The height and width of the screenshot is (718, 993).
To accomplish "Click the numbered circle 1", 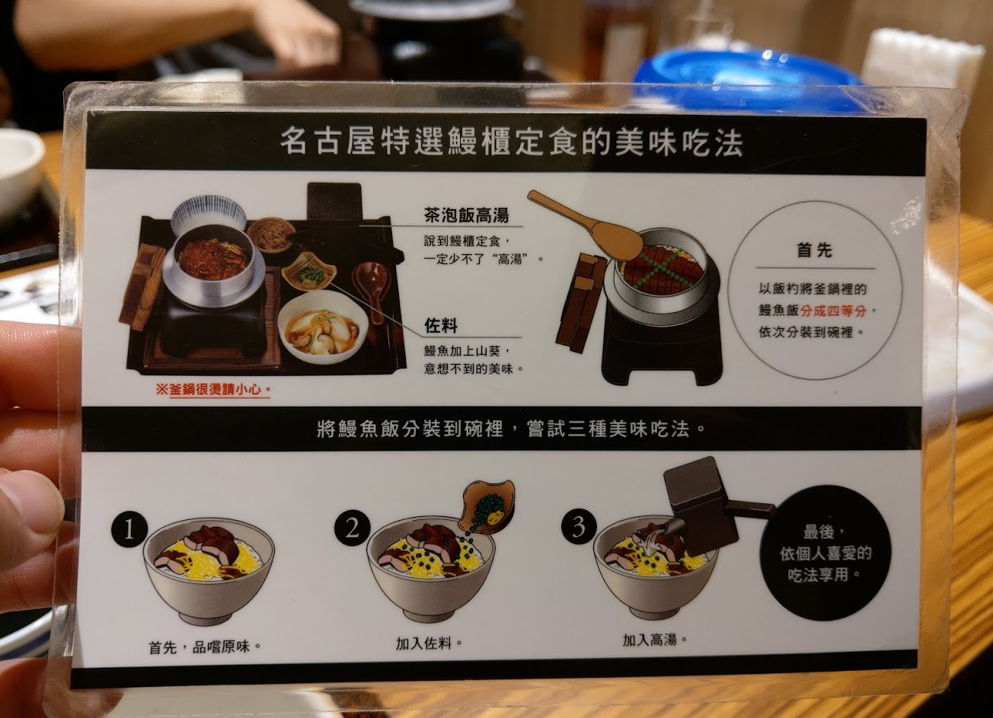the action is coord(129,530).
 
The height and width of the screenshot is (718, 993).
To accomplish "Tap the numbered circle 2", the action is coord(353,528).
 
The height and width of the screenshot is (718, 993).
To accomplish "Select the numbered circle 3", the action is coord(579,527).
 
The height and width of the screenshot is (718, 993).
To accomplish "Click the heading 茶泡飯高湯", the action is coord(466,215).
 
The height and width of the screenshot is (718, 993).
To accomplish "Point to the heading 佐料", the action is coord(441,326).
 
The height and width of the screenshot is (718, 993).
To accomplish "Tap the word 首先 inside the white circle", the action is coord(814,251).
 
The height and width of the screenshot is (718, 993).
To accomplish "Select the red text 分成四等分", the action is coord(833,311).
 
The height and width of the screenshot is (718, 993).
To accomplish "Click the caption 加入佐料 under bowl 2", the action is coord(428,643).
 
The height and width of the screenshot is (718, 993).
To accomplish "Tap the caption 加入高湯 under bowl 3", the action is coord(654,640).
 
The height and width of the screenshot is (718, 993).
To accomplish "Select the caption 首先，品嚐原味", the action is coord(205,647).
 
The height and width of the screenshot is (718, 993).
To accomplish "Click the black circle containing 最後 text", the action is coord(825,553).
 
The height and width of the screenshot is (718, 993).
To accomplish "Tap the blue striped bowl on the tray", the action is coord(209,215).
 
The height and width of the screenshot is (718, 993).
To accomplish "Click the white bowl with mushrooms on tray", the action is coord(323,327).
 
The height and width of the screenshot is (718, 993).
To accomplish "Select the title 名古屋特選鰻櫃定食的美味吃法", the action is coord(511,142).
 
